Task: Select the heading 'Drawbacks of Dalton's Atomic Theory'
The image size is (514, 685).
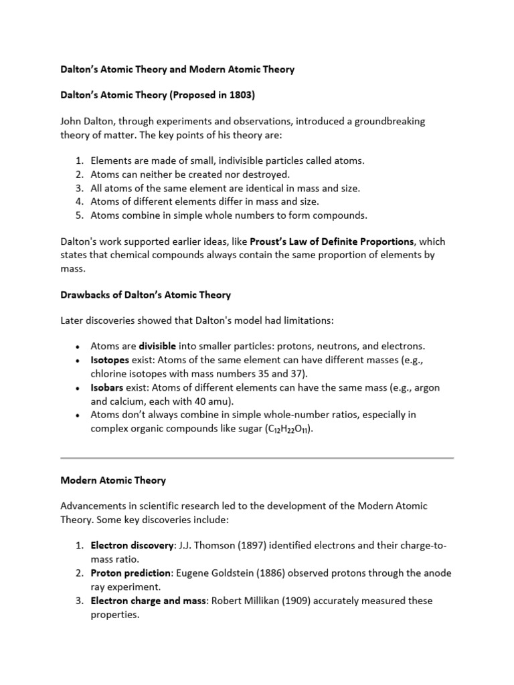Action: [x=145, y=294]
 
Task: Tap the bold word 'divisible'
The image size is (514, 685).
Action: [x=157, y=346]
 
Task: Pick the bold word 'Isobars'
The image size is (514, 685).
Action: [x=106, y=387]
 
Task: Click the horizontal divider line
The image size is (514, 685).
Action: [x=257, y=458]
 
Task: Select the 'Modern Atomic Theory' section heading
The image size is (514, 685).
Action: [x=113, y=480]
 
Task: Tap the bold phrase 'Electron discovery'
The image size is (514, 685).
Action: [x=132, y=545]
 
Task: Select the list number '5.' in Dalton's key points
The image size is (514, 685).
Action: [x=79, y=215]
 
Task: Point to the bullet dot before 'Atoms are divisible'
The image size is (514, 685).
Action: [x=78, y=347]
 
